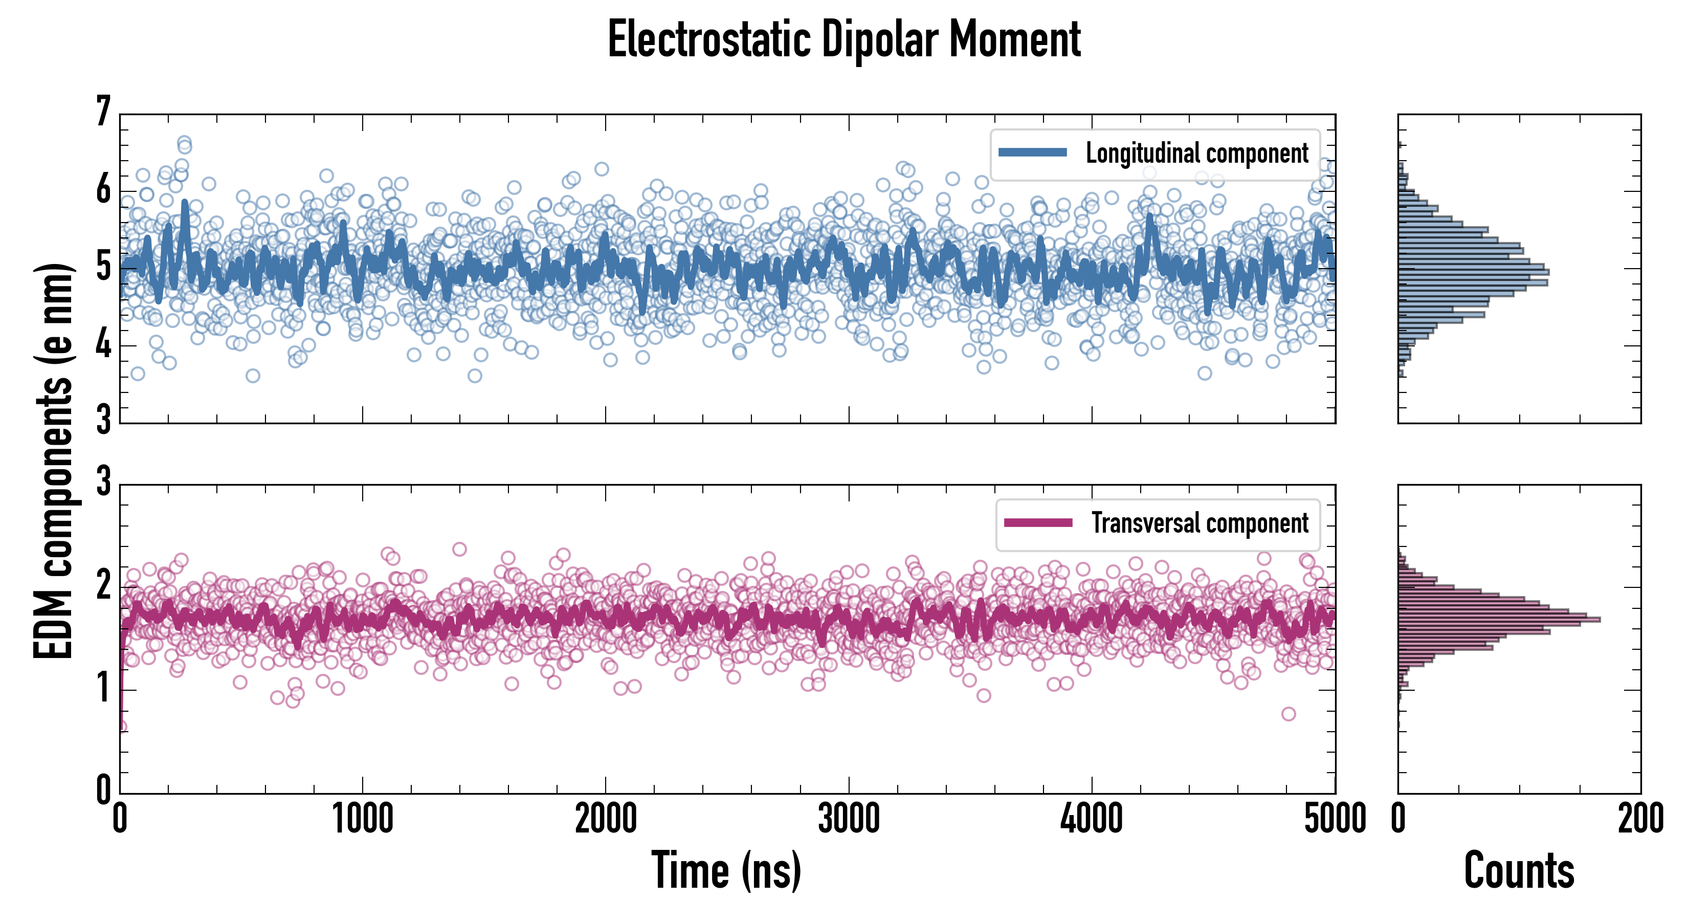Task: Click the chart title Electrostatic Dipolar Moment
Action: pyautogui.click(x=844, y=39)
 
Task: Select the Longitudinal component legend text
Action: pyautogui.click(x=1196, y=153)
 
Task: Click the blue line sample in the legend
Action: pyautogui.click(x=1033, y=153)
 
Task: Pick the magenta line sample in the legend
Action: pyautogui.click(x=1038, y=522)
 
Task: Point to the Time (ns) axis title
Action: pyautogui.click(x=726, y=870)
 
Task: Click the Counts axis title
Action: pyautogui.click(x=1519, y=870)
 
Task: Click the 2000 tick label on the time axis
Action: pyautogui.click(x=606, y=819)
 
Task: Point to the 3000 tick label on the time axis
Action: pyautogui.click(x=849, y=819)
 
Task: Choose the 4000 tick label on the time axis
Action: pyautogui.click(x=1092, y=819)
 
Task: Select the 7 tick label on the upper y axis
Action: pyautogui.click(x=103, y=112)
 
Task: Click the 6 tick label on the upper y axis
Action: pyautogui.click(x=103, y=190)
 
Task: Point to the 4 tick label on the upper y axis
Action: pyautogui.click(x=103, y=345)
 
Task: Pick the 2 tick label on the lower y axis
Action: pyautogui.click(x=103, y=586)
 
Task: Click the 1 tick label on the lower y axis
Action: pyautogui.click(x=103, y=689)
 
